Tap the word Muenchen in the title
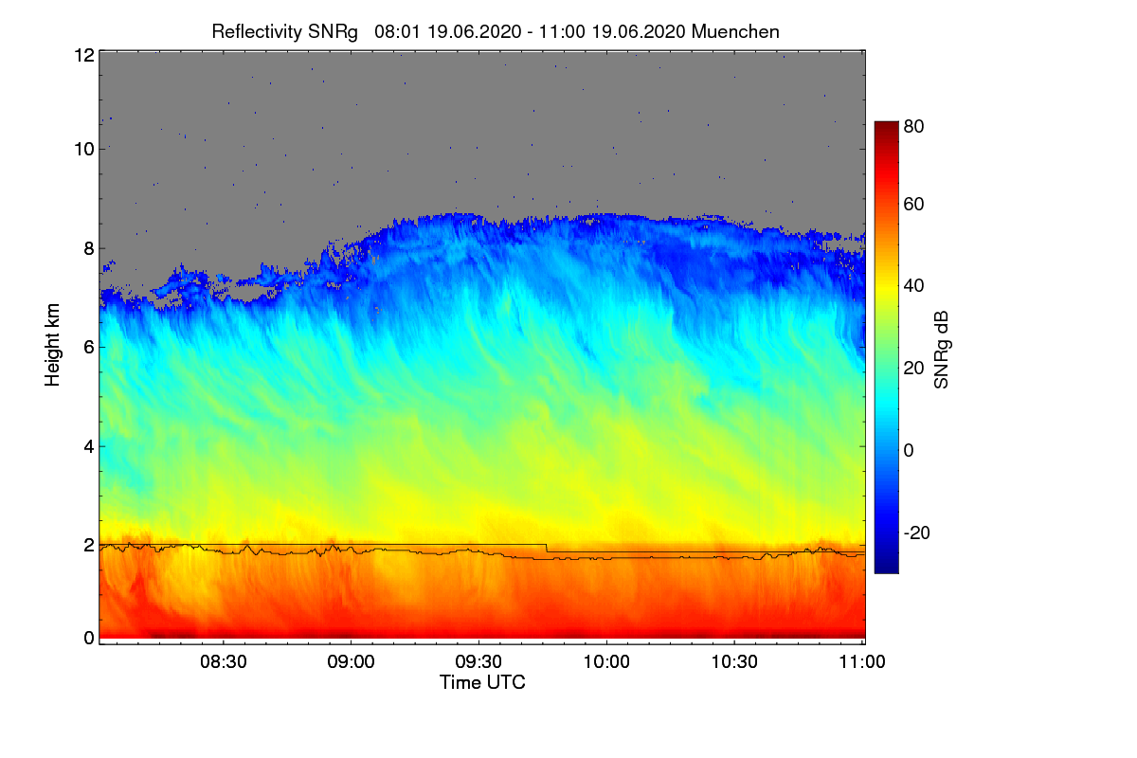(x=735, y=31)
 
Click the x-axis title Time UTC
(x=482, y=682)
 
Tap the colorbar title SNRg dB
(x=941, y=349)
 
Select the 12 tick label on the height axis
(x=83, y=55)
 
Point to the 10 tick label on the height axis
(x=83, y=149)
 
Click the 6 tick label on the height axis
(x=88, y=347)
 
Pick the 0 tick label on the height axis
(x=88, y=638)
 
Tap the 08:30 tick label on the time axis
(x=224, y=662)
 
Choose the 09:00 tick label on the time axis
(x=352, y=662)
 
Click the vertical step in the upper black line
(x=547, y=548)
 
